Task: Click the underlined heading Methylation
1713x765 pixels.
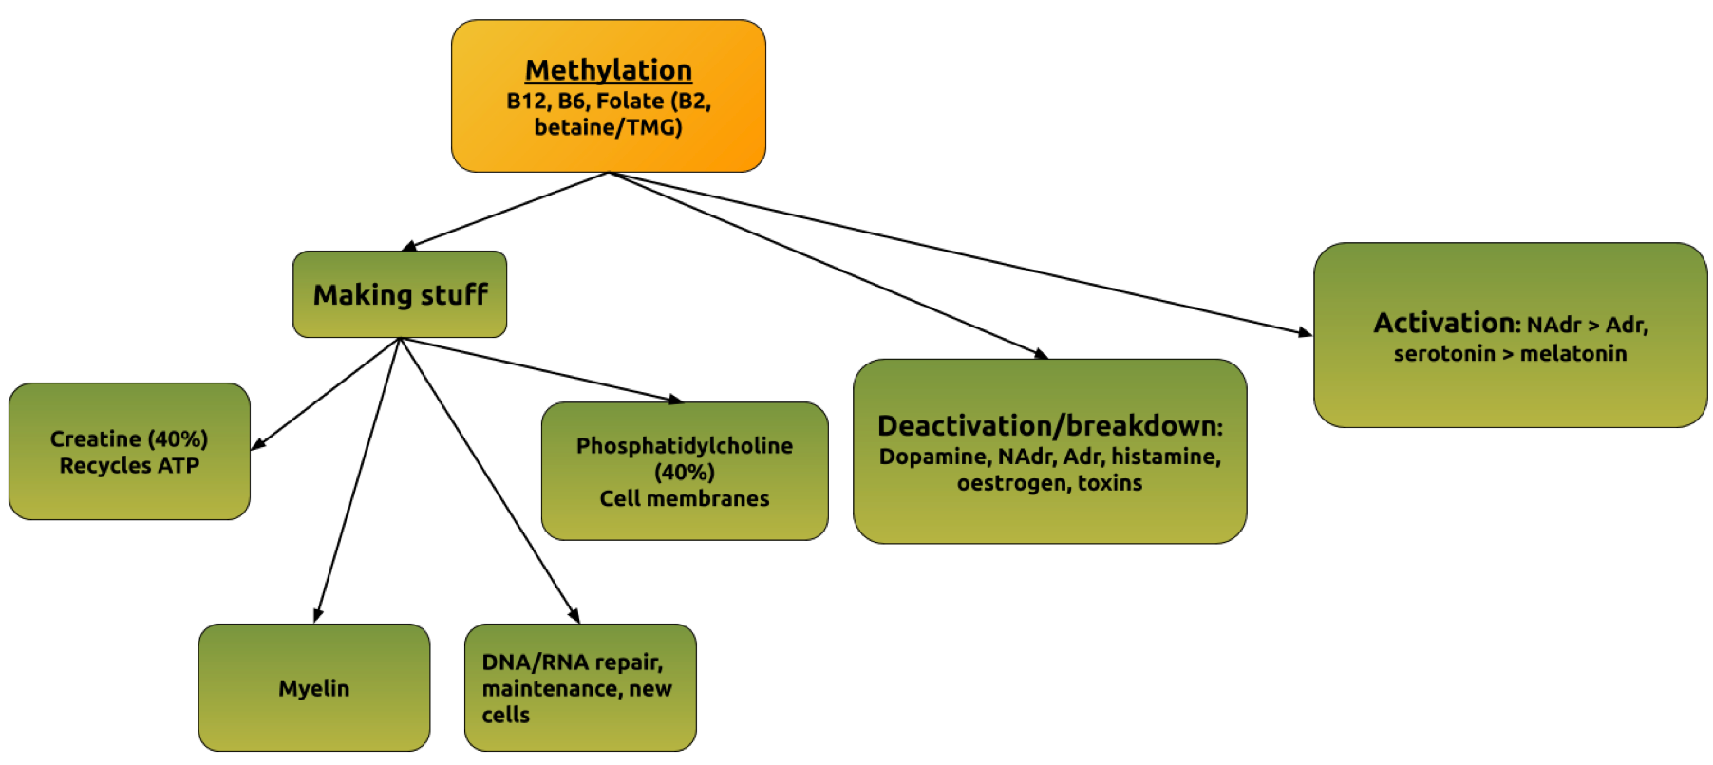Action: (609, 70)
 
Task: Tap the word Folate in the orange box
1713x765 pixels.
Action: (631, 101)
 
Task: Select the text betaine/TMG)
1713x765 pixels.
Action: (609, 127)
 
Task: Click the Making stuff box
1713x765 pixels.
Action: (400, 294)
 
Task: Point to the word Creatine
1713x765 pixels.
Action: (95, 439)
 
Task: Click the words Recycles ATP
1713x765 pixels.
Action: (129, 466)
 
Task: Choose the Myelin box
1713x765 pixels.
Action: (313, 688)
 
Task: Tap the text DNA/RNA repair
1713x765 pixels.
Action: (573, 662)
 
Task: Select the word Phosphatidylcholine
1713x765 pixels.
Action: (685, 446)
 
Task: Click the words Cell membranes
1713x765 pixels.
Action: (685, 499)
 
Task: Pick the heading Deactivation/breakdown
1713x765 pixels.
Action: (1049, 425)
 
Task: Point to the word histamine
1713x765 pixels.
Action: (1166, 457)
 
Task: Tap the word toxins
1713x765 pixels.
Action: (1110, 483)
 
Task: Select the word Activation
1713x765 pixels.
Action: (1444, 324)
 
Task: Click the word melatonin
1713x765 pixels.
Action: (1573, 354)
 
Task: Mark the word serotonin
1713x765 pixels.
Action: (1444, 354)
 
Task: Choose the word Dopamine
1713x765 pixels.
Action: (933, 457)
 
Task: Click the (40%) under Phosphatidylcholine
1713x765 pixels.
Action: (685, 473)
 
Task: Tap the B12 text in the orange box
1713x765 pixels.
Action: (526, 101)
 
